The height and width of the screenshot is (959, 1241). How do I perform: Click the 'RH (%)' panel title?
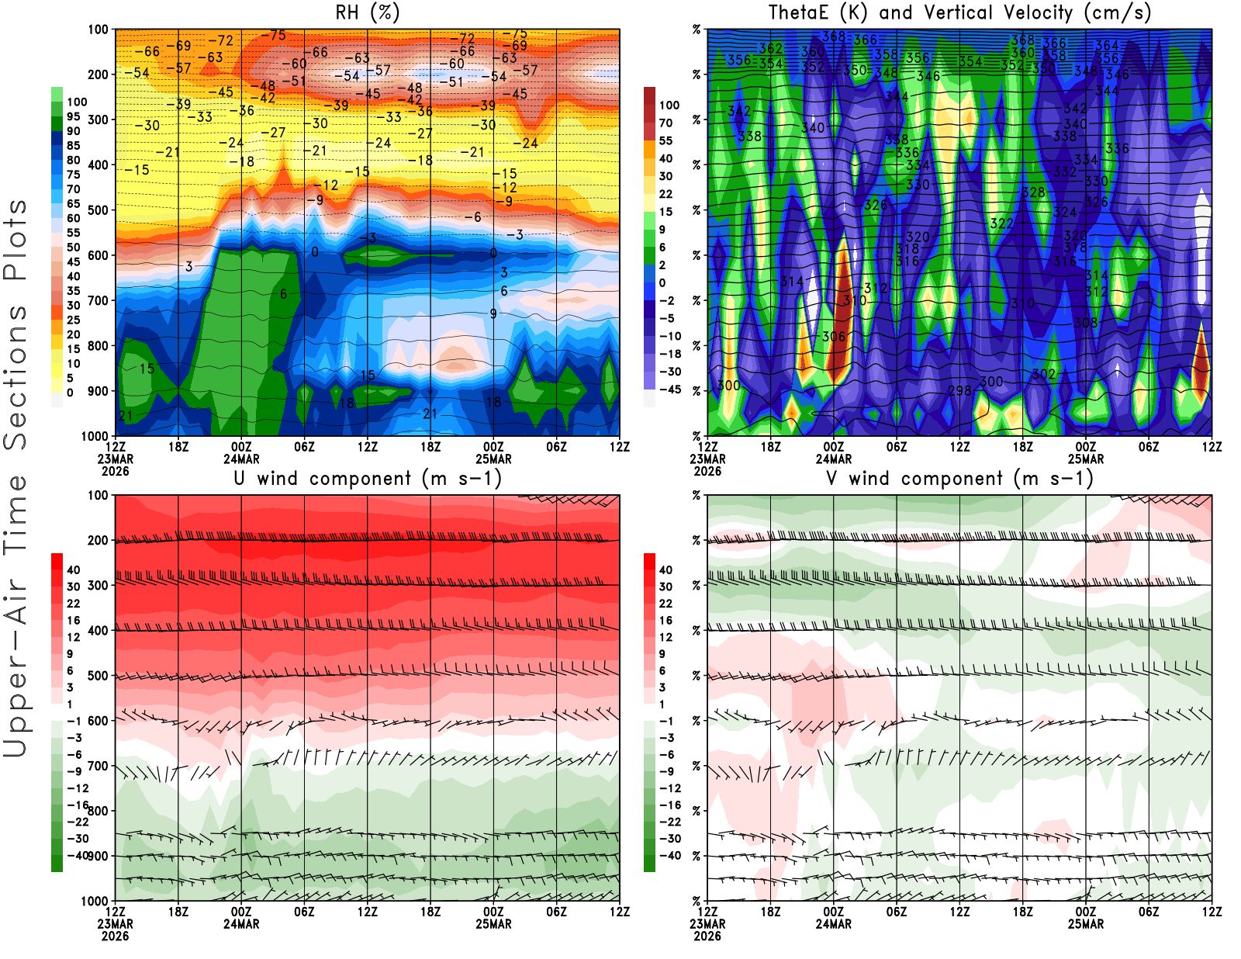(x=367, y=13)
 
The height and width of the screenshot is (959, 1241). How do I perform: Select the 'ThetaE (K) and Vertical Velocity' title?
(x=959, y=13)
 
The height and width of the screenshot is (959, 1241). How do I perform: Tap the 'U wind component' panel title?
(x=368, y=479)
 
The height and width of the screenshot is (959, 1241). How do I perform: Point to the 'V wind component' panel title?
(x=959, y=479)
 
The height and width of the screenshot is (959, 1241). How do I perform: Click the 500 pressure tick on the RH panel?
(x=98, y=210)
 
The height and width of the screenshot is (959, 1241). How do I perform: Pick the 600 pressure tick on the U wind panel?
(x=98, y=721)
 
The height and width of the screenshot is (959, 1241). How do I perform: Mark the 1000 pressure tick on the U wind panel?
(x=95, y=901)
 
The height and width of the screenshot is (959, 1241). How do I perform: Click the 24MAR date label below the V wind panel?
(x=833, y=924)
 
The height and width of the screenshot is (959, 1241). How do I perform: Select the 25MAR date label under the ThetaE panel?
(x=1085, y=459)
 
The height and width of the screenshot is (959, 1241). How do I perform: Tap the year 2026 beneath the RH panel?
(x=115, y=471)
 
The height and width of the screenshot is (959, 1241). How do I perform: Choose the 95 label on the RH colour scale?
(x=73, y=116)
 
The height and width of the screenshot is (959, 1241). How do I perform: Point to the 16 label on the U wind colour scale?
(x=73, y=621)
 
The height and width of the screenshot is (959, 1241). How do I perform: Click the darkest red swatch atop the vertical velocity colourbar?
(x=650, y=96)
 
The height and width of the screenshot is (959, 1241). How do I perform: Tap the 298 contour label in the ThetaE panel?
(x=959, y=390)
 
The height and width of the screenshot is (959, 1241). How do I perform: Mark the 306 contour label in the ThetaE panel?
(x=834, y=337)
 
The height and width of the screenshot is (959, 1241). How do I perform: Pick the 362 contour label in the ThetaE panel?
(x=771, y=49)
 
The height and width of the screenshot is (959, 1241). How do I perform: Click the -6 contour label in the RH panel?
(x=472, y=217)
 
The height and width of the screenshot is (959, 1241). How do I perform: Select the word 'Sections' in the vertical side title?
(x=16, y=376)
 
